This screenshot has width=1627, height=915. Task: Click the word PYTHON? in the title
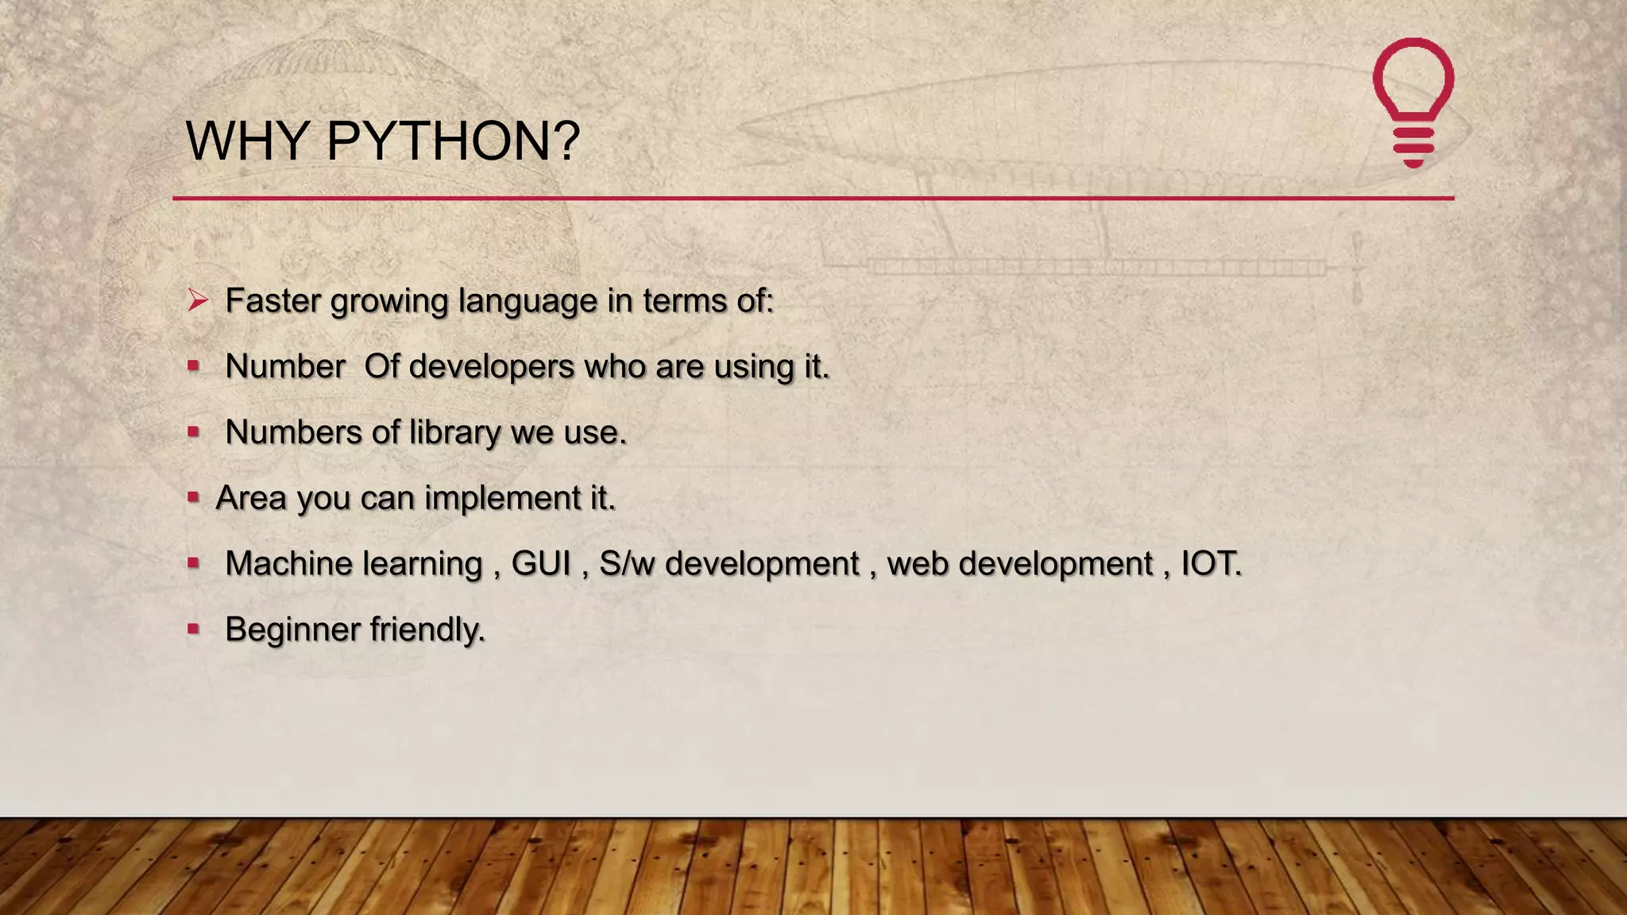click(x=453, y=141)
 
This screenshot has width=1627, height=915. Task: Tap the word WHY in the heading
click(x=247, y=141)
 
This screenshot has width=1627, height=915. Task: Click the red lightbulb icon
click(x=1413, y=102)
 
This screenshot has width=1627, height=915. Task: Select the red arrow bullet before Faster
click(x=198, y=300)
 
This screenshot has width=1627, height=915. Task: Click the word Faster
click(x=272, y=301)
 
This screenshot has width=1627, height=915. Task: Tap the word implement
click(x=502, y=499)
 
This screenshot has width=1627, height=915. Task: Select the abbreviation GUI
click(x=541, y=564)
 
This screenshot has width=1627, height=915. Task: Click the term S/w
click(x=627, y=564)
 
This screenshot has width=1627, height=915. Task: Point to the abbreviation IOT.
click(x=1210, y=564)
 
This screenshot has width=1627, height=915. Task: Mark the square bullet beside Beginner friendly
click(x=193, y=629)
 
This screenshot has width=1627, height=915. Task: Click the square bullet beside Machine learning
click(x=193, y=563)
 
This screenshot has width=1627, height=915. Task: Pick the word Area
click(x=250, y=499)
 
